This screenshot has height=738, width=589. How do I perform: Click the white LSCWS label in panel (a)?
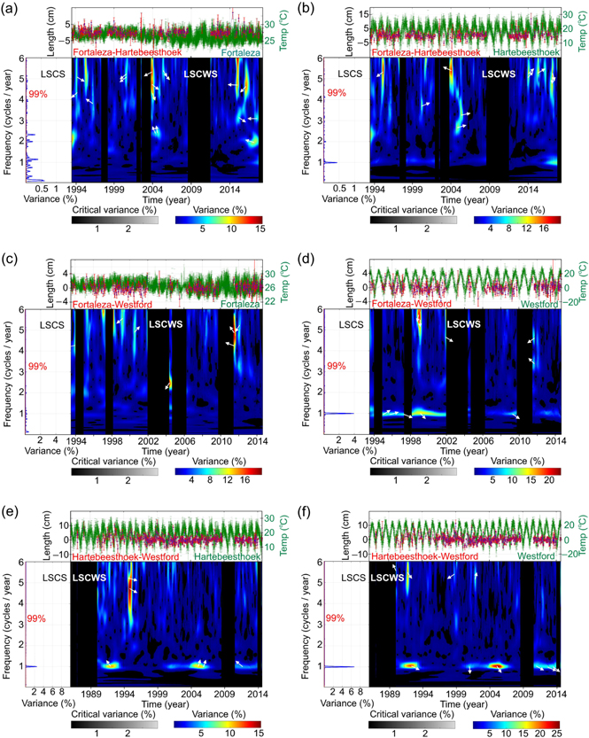pyautogui.click(x=201, y=75)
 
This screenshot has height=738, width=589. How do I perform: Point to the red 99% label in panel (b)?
pyautogui.click(x=337, y=93)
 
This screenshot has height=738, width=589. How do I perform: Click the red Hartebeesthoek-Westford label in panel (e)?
pyautogui.click(x=126, y=555)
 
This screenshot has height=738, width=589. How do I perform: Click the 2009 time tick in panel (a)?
pyautogui.click(x=191, y=190)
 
